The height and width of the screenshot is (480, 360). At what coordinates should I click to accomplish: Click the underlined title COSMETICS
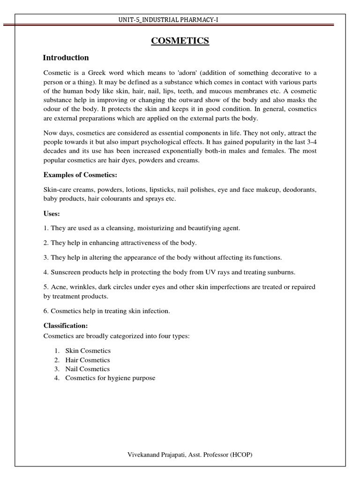(x=180, y=41)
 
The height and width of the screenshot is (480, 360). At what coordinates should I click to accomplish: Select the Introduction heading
(x=66, y=58)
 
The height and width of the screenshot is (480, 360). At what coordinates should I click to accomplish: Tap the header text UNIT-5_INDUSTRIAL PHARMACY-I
(x=180, y=19)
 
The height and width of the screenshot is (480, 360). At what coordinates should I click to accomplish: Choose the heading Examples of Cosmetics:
(x=80, y=175)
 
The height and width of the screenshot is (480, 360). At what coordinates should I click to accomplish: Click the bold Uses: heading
(x=52, y=213)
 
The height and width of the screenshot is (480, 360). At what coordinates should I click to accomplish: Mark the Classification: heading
(x=66, y=325)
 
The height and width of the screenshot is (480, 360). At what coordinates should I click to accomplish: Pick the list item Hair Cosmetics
(x=88, y=360)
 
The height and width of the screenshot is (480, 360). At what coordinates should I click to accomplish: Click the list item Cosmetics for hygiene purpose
(x=110, y=378)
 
